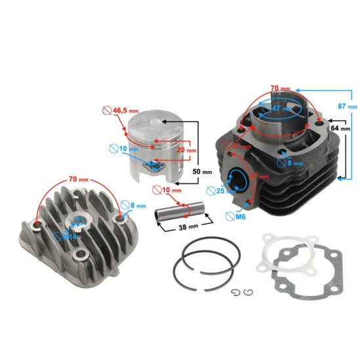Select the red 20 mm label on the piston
pyautogui.click(x=186, y=150)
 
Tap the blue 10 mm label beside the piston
pyautogui.click(x=128, y=150)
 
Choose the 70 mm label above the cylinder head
pyautogui.click(x=78, y=179)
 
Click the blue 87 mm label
pyautogui.click(x=348, y=105)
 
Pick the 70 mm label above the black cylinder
pyautogui.click(x=278, y=87)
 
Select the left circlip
pyautogui.click(x=236, y=291)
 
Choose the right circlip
pyautogui.click(x=248, y=291)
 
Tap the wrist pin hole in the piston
pyautogui.click(x=155, y=167)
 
